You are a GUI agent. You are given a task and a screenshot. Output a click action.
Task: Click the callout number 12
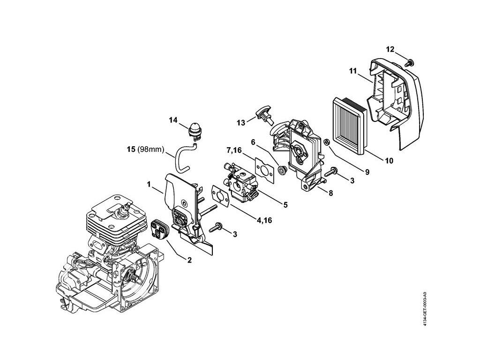[390, 49]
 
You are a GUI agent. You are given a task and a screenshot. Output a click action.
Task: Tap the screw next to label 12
[407, 61]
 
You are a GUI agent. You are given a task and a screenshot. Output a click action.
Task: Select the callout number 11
[353, 71]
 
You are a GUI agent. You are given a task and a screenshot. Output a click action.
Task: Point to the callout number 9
[367, 172]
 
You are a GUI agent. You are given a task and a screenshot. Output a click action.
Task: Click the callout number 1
[149, 185]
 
